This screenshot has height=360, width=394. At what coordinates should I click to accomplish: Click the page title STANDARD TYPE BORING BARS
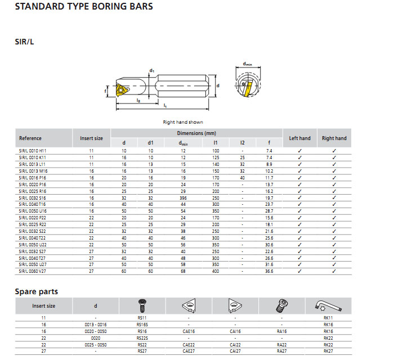(83, 7)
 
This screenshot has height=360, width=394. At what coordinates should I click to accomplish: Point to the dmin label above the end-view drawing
(247, 64)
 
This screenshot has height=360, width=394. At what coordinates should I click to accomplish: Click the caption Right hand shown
(183, 122)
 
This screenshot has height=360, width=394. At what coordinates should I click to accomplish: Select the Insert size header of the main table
(91, 138)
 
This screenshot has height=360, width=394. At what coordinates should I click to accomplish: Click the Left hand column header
(299, 138)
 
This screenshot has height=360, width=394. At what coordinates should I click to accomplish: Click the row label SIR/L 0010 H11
(33, 151)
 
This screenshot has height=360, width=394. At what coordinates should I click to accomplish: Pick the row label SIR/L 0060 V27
(33, 271)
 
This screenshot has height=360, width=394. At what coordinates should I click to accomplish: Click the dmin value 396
(183, 197)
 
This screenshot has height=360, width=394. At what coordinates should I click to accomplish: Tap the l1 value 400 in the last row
(216, 271)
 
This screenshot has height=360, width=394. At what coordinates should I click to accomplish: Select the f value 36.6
(269, 271)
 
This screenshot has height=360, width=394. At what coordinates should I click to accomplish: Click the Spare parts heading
(36, 291)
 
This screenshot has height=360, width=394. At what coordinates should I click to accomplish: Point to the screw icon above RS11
(141, 305)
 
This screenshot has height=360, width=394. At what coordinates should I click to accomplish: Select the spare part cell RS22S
(142, 338)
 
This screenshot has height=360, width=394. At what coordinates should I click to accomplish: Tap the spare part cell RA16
(281, 331)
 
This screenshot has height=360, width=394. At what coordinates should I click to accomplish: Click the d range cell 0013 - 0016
(95, 325)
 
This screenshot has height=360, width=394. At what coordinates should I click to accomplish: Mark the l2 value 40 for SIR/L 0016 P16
(242, 177)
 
